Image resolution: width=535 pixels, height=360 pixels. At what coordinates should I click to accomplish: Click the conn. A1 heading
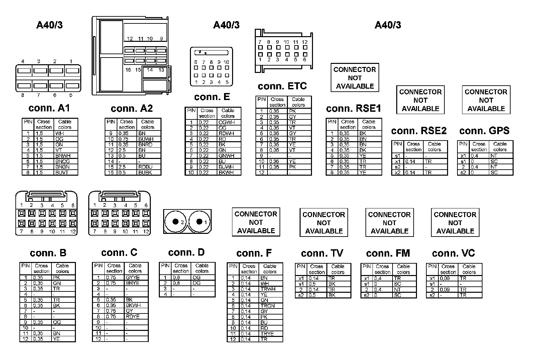pyautogui.click(x=49, y=108)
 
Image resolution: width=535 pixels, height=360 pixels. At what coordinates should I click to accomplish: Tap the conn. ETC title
pyautogui.click(x=282, y=86)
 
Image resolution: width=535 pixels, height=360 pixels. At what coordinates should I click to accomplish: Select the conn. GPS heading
pyautogui.click(x=484, y=131)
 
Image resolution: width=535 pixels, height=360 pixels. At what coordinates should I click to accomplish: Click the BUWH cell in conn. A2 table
pyautogui.click(x=146, y=139)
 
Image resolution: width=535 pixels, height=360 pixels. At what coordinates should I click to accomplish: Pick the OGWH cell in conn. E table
pyautogui.click(x=226, y=122)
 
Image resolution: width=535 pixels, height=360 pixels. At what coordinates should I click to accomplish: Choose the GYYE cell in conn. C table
pyautogui.click(x=133, y=277)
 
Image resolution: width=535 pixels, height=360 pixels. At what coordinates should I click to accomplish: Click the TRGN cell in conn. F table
pyautogui.click(x=267, y=306)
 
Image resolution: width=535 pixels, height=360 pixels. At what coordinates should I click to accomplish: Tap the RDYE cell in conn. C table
pyautogui.click(x=133, y=317)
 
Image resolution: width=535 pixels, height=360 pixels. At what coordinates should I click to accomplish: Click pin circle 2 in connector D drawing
pyautogui.click(x=175, y=221)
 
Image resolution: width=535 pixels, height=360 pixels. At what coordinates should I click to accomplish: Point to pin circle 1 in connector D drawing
pyautogui.click(x=200, y=221)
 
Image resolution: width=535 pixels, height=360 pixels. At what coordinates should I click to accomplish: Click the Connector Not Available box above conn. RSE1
pyautogui.click(x=355, y=78)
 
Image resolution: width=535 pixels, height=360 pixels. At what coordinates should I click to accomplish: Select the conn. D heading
pyautogui.click(x=186, y=253)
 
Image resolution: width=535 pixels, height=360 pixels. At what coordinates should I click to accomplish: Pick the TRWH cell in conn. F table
pyautogui.click(x=268, y=289)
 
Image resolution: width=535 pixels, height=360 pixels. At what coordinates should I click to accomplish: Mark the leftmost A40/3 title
pyautogui.click(x=49, y=25)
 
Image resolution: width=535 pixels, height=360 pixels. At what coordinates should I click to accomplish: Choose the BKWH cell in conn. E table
pyautogui.click(x=226, y=173)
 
